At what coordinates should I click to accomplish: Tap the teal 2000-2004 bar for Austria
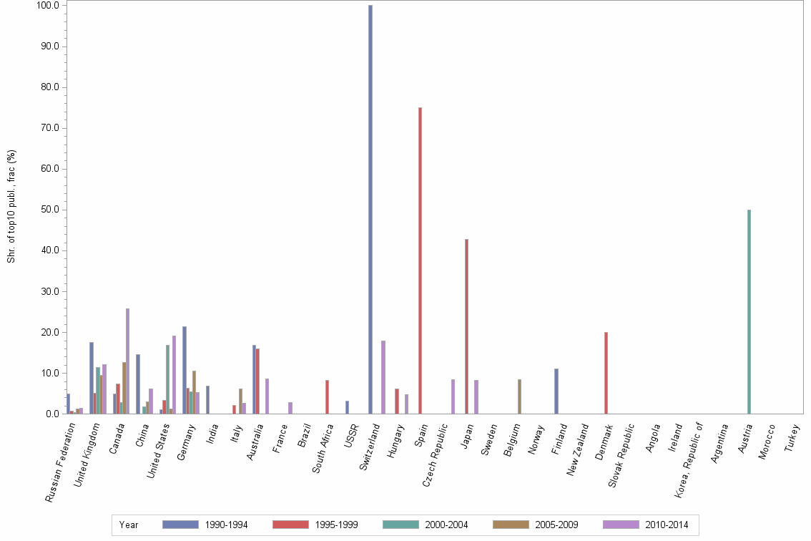pyautogui.click(x=749, y=311)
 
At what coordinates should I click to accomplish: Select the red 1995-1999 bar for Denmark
pyautogui.click(x=606, y=373)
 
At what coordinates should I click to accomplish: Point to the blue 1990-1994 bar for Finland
pyautogui.click(x=556, y=391)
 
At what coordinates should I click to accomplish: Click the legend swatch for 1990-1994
pyautogui.click(x=180, y=525)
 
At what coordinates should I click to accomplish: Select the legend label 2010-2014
pyautogui.click(x=667, y=525)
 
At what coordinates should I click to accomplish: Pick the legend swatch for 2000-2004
pyautogui.click(x=400, y=525)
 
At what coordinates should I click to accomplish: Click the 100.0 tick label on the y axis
pyautogui.click(x=48, y=6)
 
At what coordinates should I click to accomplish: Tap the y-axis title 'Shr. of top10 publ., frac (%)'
pyautogui.click(x=11, y=206)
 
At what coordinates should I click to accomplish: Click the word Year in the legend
pyautogui.click(x=129, y=525)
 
